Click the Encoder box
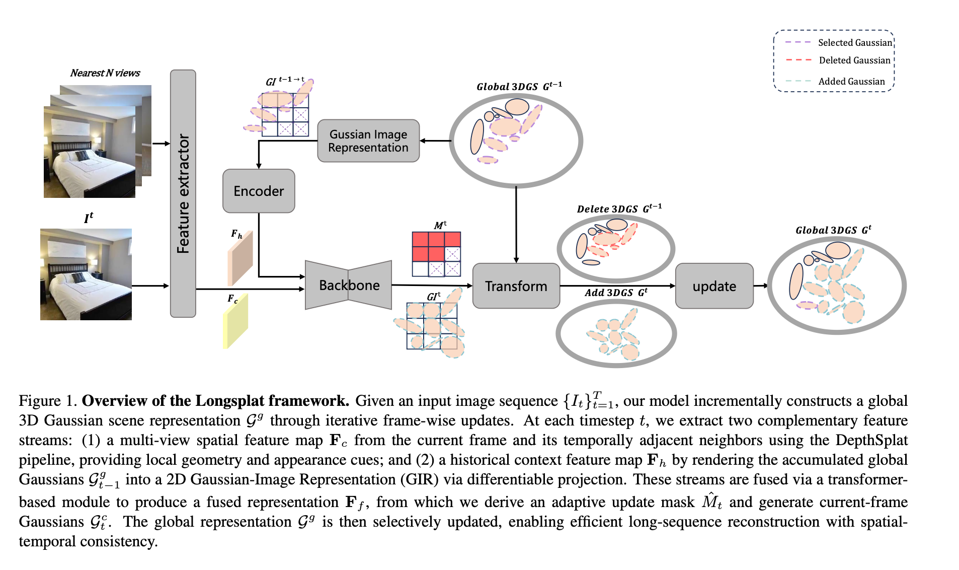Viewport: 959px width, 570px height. (x=259, y=191)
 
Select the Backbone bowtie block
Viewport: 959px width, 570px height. (x=349, y=285)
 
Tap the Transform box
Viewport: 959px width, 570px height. (x=516, y=286)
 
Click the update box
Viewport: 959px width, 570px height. (x=714, y=286)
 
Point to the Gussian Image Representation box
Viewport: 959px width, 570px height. (x=368, y=141)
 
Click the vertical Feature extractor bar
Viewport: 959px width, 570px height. (x=183, y=193)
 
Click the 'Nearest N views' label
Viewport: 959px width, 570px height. (x=105, y=73)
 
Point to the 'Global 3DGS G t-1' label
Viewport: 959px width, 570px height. (x=519, y=87)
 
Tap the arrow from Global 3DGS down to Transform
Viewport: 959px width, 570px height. (x=516, y=224)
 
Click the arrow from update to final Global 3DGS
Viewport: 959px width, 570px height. (x=760, y=286)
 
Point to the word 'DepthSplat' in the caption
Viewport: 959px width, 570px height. (x=871, y=440)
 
